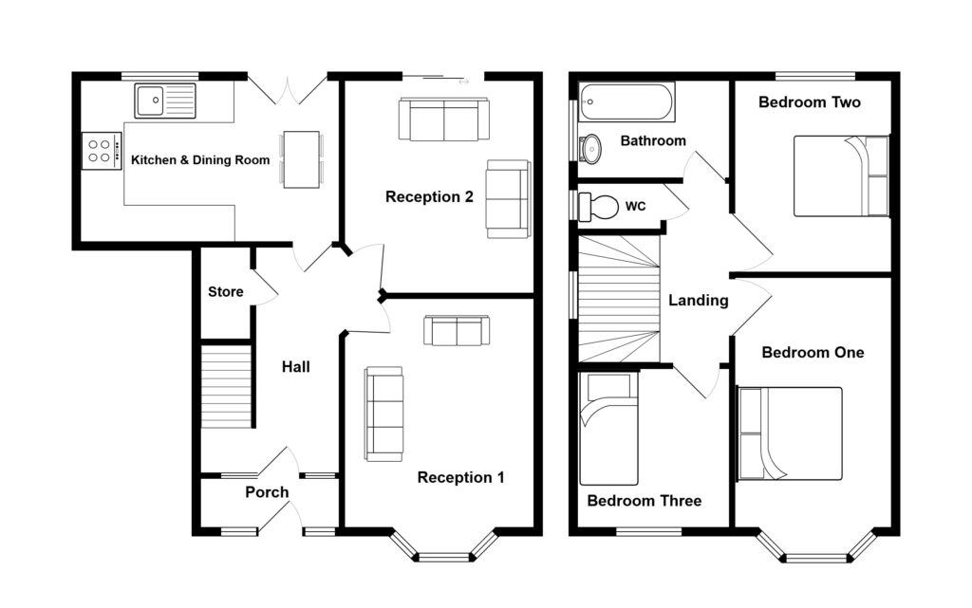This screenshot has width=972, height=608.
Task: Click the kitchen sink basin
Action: [150, 101]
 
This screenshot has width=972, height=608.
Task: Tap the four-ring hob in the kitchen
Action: [101, 151]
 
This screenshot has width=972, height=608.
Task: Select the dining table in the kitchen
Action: [301, 159]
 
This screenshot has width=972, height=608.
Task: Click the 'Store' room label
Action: [226, 291]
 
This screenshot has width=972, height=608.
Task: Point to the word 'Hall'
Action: [296, 367]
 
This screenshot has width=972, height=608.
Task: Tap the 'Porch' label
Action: [267, 492]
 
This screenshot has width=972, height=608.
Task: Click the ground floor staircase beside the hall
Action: [227, 386]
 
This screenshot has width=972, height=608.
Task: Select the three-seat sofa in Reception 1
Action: [383, 415]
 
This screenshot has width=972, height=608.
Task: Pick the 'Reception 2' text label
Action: [429, 197]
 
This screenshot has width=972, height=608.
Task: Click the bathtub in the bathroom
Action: [626, 102]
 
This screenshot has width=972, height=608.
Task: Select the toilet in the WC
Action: [598, 207]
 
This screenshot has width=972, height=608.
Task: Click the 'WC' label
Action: [635, 206]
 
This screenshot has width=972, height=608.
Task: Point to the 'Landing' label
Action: [698, 301]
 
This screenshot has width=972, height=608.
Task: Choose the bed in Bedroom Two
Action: [841, 176]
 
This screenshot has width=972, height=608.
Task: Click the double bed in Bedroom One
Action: [790, 433]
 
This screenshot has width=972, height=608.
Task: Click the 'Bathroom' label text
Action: [653, 141]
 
